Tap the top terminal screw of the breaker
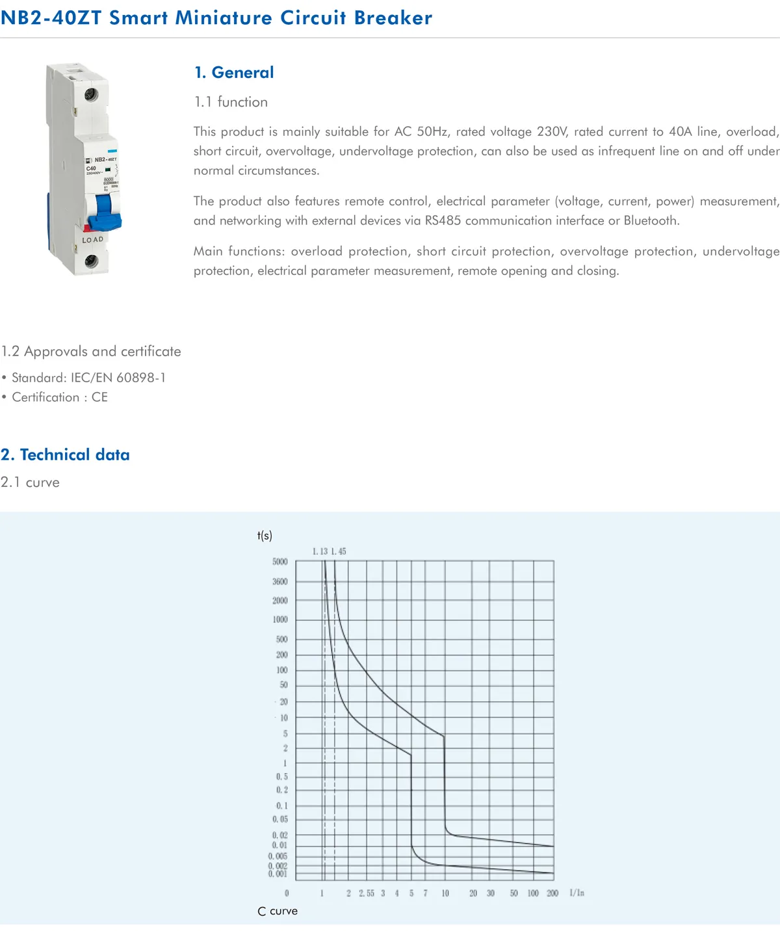point(91,94)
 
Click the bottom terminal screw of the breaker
point(91,261)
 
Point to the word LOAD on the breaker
point(93,240)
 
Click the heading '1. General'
point(234,72)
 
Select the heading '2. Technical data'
point(65,454)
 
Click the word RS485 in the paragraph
point(443,220)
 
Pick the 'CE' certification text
point(99,397)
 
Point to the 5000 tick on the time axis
point(279,562)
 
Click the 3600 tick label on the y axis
point(279,582)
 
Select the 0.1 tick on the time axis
point(281,806)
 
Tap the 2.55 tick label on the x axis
point(367,893)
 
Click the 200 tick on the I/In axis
point(552,893)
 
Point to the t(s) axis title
point(265,536)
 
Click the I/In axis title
point(577,893)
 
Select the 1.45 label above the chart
point(339,551)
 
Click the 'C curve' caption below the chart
point(278,911)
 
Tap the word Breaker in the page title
point(393,18)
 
